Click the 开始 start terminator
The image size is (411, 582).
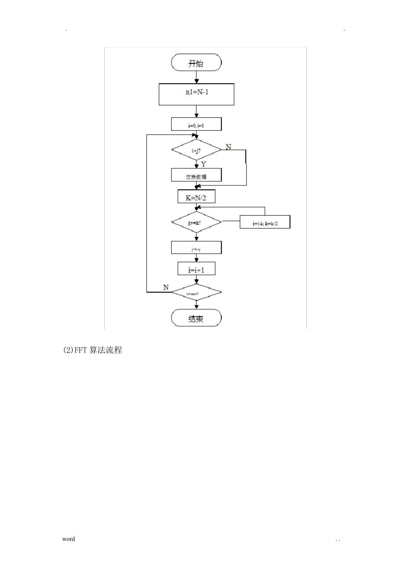(196, 63)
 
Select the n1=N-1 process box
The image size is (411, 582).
(196, 94)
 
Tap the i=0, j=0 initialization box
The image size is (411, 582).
(196, 125)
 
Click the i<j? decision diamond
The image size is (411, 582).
(196, 150)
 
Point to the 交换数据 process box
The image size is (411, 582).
(196, 175)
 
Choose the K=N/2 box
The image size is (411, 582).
(196, 197)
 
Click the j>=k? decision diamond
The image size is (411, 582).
(196, 223)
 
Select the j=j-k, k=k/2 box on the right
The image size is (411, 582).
(265, 223)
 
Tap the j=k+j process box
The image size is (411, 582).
(196, 248)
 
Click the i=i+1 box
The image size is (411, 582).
(196, 269)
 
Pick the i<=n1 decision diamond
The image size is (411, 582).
(196, 293)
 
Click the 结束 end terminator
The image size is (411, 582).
(196, 319)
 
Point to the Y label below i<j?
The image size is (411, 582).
(204, 165)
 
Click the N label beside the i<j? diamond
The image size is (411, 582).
(228, 147)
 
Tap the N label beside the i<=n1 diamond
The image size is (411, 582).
(166, 288)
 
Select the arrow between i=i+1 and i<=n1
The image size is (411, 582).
(197, 280)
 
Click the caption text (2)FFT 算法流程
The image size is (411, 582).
(93, 350)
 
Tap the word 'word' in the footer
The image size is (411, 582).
(68, 539)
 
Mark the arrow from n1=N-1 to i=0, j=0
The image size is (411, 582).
(197, 111)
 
